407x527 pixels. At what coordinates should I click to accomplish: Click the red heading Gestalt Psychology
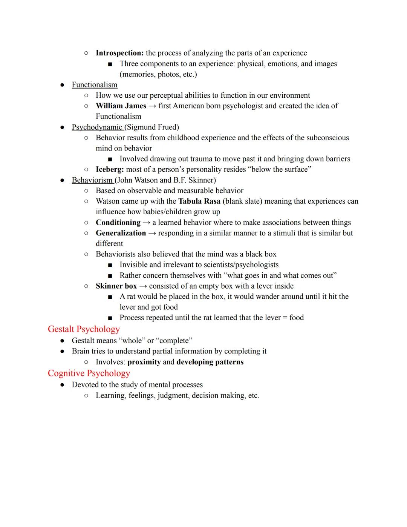tap(84, 329)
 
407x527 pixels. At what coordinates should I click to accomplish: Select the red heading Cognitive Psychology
tap(89, 373)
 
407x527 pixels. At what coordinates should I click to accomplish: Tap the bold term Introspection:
tap(119, 53)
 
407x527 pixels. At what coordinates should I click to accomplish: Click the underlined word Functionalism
tap(95, 85)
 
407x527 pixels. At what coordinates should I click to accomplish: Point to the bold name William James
tap(121, 106)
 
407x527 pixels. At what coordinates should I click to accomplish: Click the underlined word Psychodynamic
tap(97, 127)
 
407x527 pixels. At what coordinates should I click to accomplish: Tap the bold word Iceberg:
tap(110, 169)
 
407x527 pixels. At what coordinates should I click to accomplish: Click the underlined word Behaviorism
tap(92, 180)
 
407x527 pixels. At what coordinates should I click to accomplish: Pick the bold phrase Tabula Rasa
tap(199, 201)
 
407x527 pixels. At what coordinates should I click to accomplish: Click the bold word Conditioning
tap(118, 223)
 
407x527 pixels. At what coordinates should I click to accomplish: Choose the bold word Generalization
tap(121, 233)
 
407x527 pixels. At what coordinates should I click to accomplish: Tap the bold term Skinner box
tap(116, 286)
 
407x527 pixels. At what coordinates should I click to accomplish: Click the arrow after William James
tap(152, 106)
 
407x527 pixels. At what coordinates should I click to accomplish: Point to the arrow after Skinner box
tap(143, 286)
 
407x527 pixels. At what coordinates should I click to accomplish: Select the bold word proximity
tap(144, 362)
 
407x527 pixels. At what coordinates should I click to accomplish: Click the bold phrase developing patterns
tap(210, 362)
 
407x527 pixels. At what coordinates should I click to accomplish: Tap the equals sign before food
tap(285, 318)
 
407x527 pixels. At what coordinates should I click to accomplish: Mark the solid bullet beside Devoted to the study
tap(62, 385)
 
